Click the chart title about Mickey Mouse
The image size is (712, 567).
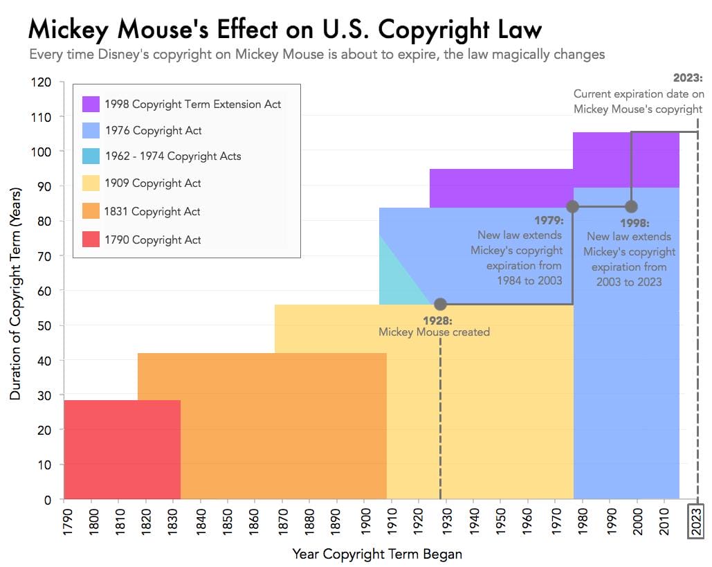(284, 30)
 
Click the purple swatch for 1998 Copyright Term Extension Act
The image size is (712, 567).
(91, 105)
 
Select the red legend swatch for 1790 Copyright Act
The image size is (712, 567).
(91, 240)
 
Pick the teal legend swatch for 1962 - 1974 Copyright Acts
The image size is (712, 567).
(91, 156)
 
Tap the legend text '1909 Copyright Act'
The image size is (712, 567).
(153, 183)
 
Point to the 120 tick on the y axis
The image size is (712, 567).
(43, 82)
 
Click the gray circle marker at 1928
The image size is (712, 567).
(440, 304)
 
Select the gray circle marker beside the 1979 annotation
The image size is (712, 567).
(573, 206)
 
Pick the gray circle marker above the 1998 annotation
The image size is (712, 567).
(631, 206)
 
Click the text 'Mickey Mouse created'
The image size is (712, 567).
(434, 332)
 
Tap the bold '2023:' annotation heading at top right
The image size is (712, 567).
(687, 78)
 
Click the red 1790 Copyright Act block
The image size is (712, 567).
(121, 450)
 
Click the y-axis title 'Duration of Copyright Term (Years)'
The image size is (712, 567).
(15, 291)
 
